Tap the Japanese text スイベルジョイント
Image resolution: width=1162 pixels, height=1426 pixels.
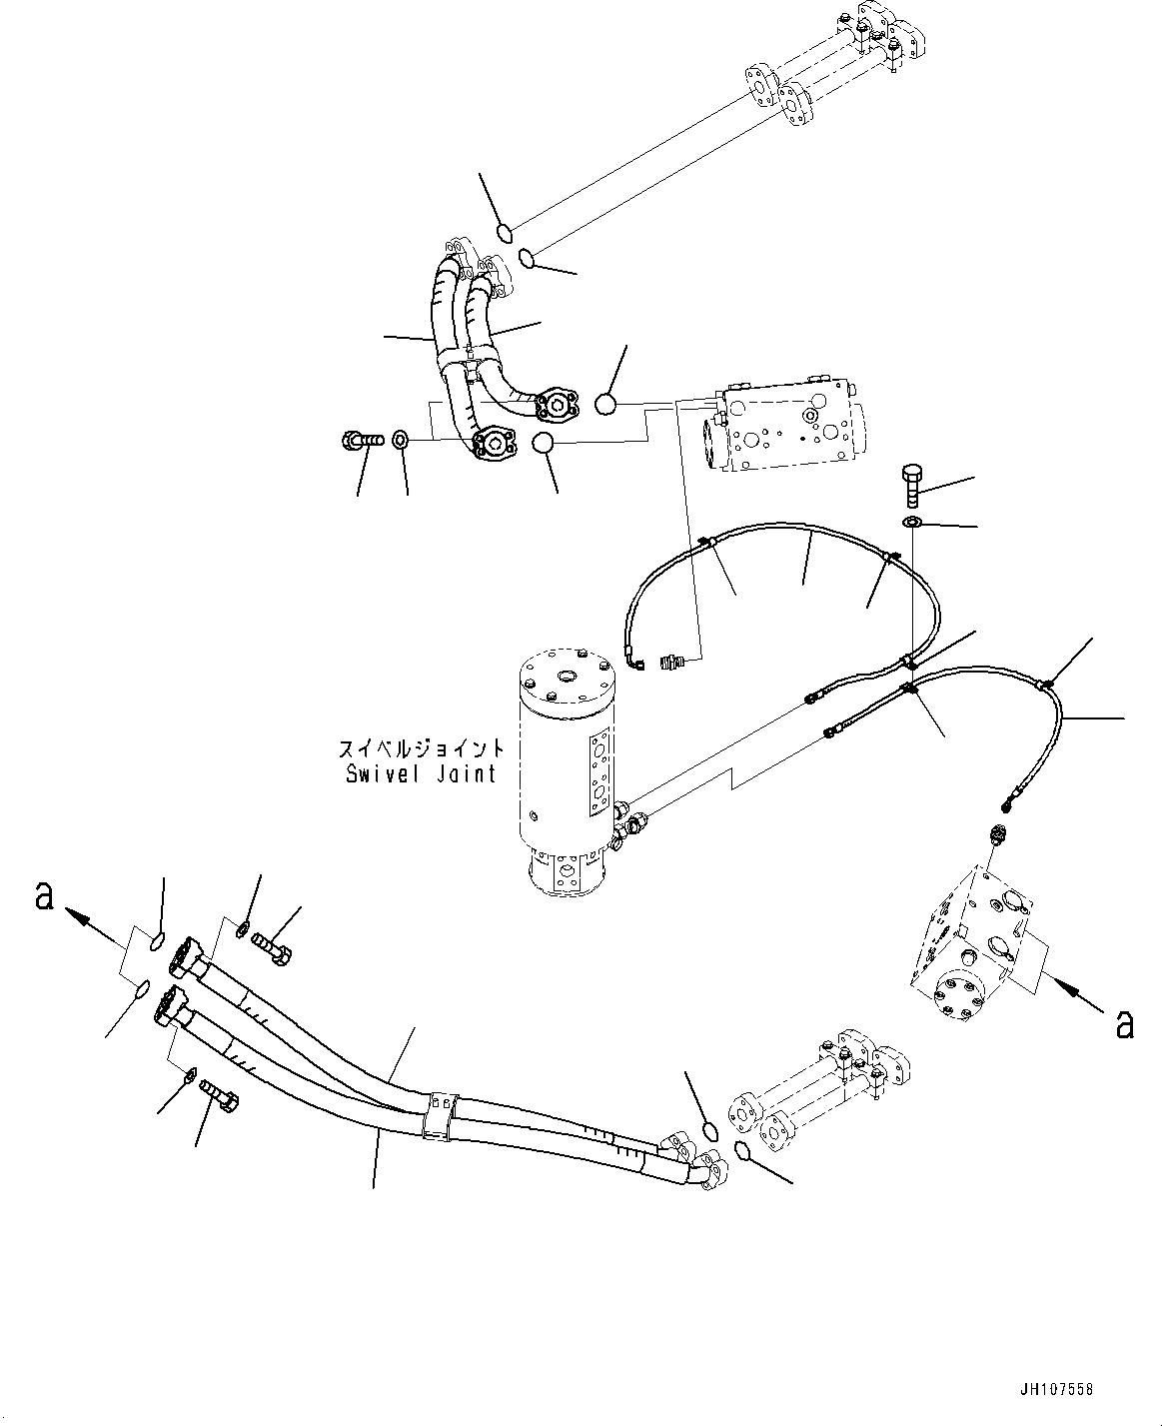point(421,748)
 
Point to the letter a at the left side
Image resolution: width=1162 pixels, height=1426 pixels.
point(43,896)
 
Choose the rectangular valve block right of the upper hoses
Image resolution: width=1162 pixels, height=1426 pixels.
point(778,425)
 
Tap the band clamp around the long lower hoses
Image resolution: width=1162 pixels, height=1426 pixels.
point(439,1112)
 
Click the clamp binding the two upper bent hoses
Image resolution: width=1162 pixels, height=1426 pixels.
point(465,352)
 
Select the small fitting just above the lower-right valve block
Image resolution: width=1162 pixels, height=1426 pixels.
point(996,833)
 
